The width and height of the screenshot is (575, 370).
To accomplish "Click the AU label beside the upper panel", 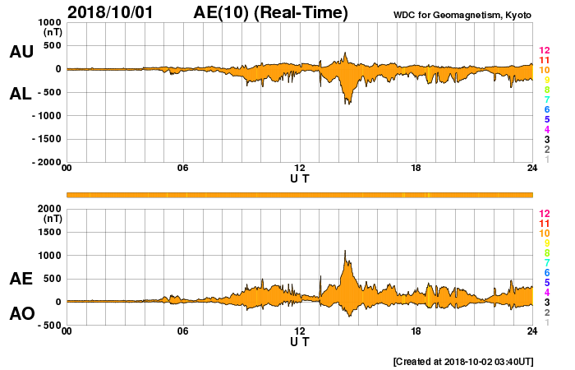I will tap(21, 52).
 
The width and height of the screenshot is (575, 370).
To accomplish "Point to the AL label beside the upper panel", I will tap(21, 94).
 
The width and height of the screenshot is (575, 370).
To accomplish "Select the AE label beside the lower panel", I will tap(21, 279).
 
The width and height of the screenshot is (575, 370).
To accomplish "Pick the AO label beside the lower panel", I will tap(21, 314).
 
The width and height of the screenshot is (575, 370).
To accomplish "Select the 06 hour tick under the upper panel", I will tap(183, 169).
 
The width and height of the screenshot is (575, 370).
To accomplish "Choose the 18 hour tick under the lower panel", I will tap(416, 331).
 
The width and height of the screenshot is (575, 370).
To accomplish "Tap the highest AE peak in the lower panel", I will tap(345, 251).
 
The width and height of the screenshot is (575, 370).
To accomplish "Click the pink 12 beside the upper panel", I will tap(544, 51).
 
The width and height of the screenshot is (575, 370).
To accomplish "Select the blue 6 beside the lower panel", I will tap(546, 272).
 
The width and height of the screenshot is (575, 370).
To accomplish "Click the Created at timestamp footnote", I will tap(463, 361).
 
